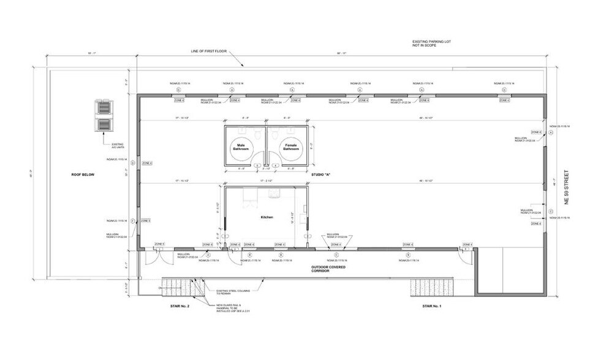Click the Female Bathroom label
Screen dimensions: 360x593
pyautogui.click(x=290, y=147)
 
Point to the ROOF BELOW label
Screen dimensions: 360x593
pyautogui.click(x=83, y=174)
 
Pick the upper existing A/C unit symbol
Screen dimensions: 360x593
pyautogui.click(x=102, y=107)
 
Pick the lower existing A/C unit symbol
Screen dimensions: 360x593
pyautogui.click(x=102, y=125)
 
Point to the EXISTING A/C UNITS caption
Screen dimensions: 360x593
pyautogui.click(x=118, y=147)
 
